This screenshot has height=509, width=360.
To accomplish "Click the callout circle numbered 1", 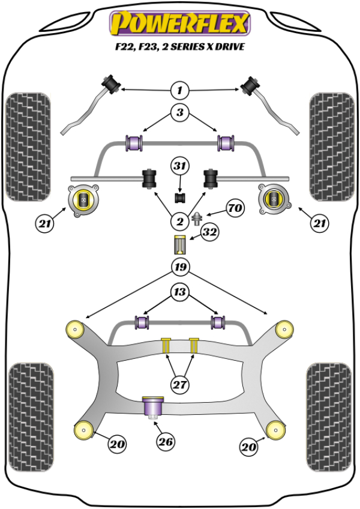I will click(x=179, y=91).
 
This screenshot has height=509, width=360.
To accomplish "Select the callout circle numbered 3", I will click(x=179, y=112).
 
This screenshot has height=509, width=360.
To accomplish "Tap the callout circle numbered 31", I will click(x=179, y=166).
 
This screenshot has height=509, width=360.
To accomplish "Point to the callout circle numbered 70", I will click(x=236, y=209).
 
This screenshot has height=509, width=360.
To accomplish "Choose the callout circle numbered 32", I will click(x=209, y=232).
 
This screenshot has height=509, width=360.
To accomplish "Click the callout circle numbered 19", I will click(x=179, y=267).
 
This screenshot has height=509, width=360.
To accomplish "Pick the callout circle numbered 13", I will click(x=179, y=293).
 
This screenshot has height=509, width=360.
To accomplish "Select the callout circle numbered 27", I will click(x=179, y=384).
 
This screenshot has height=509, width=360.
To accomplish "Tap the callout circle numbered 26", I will click(x=166, y=442).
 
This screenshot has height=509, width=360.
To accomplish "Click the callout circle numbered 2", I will click(x=179, y=222).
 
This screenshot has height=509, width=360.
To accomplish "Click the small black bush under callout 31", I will click(x=179, y=197).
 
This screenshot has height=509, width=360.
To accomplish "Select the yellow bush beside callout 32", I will click(x=179, y=245).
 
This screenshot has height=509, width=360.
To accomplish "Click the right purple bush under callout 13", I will click(x=218, y=322).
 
